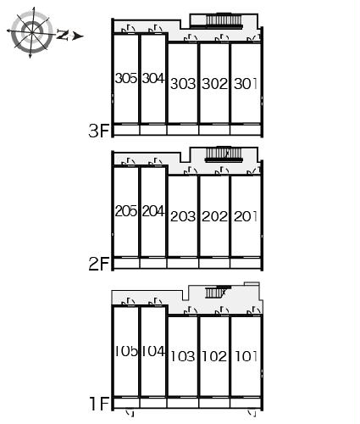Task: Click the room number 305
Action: (x=126, y=78)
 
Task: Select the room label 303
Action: (x=183, y=84)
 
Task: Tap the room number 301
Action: (x=246, y=84)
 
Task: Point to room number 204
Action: (x=153, y=211)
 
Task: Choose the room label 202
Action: (x=214, y=217)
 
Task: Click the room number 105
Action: (x=126, y=351)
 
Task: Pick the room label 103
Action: (x=183, y=356)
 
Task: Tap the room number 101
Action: (x=246, y=356)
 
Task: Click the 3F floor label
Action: (x=98, y=131)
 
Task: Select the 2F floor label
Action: (x=98, y=264)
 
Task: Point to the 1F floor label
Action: (x=99, y=404)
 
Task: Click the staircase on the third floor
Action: (x=224, y=21)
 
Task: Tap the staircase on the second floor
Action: (x=224, y=154)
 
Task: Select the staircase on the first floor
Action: (x=217, y=292)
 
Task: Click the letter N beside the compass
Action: (x=63, y=35)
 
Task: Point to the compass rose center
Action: (x=32, y=31)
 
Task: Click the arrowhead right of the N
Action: (x=78, y=36)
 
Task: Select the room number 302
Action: (x=214, y=84)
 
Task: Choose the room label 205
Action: (x=126, y=211)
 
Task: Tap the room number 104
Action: (x=153, y=351)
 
